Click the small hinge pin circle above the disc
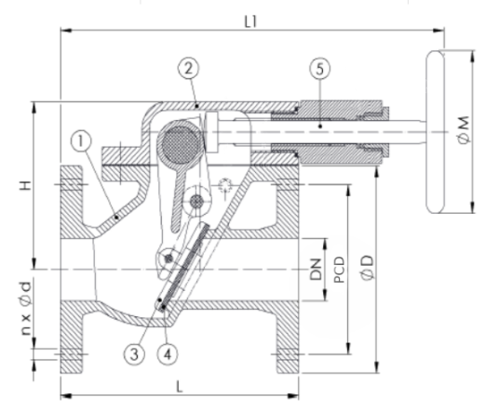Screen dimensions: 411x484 168,258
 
